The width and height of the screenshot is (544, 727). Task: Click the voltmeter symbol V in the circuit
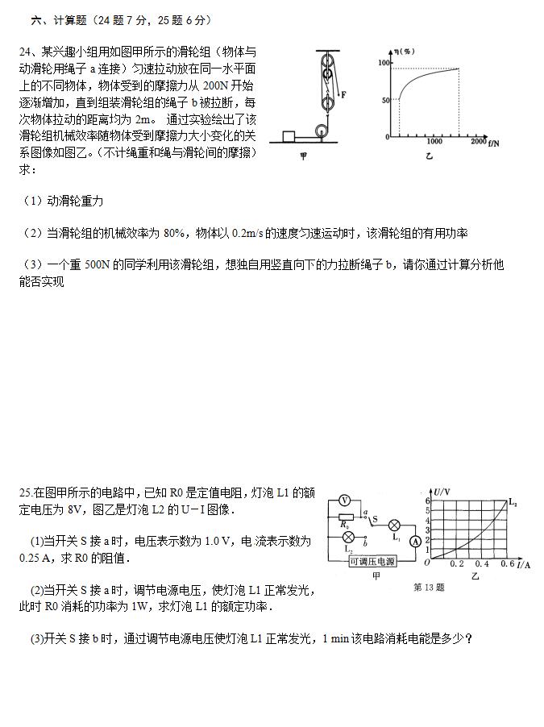coord(343,501)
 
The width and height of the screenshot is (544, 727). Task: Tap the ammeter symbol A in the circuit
coord(414,542)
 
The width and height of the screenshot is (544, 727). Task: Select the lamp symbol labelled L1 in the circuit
coord(395,525)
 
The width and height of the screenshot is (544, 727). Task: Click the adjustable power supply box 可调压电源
coord(372,561)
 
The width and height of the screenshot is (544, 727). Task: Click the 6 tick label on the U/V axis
coord(427,501)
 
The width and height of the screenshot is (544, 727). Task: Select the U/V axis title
coord(442,491)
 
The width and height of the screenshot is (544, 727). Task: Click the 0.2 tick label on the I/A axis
coord(457,564)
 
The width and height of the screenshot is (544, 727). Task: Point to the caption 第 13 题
coord(428,588)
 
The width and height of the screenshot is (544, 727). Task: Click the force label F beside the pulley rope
coord(343,94)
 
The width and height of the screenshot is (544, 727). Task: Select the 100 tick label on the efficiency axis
coord(384,63)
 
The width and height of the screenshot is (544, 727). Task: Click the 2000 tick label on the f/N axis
coord(478,142)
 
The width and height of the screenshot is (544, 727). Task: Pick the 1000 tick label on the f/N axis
coord(434,142)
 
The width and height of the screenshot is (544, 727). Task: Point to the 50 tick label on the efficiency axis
coord(386,100)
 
